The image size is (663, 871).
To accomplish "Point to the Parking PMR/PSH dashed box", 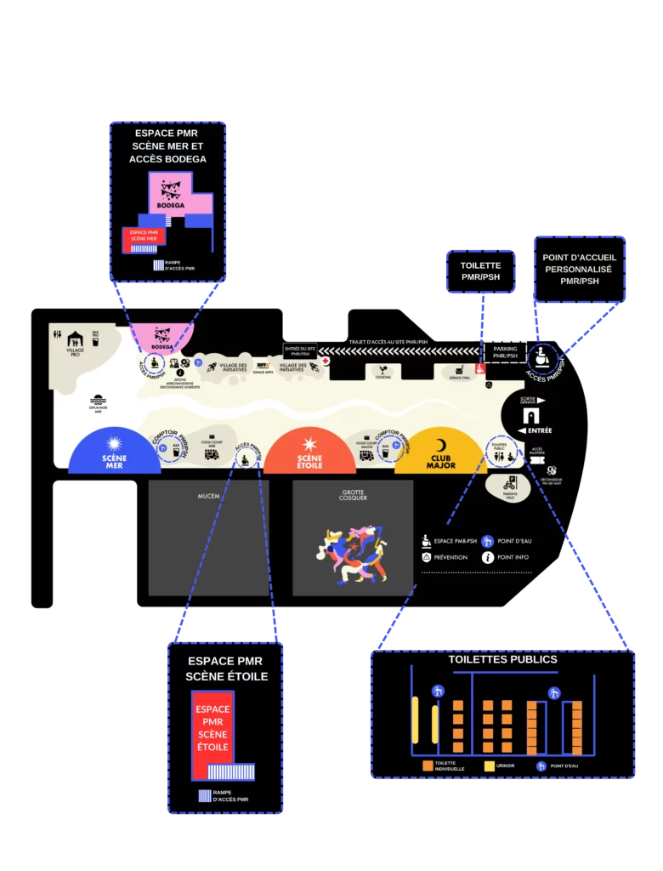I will coord(505,351).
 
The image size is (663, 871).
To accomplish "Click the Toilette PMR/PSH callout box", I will coord(482,272).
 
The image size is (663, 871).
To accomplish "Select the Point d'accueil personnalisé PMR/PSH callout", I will coord(580,269).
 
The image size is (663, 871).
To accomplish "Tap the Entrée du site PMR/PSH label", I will coord(300,350).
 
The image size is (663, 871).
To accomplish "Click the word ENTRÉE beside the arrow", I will coord(541,431).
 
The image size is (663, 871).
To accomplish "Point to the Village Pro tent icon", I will coord(75,339).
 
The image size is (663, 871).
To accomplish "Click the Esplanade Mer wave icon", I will coord(99,399).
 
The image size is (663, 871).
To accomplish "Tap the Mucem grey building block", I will coord(208,537).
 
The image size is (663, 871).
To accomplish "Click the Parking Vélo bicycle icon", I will coord(511,483).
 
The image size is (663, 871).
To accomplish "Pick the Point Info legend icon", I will coord(488,558).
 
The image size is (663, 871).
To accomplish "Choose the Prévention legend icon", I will coord(427,558).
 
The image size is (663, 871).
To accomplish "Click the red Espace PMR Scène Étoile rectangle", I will coord(212,732).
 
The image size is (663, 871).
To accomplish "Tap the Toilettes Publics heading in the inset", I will coord(502,659).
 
